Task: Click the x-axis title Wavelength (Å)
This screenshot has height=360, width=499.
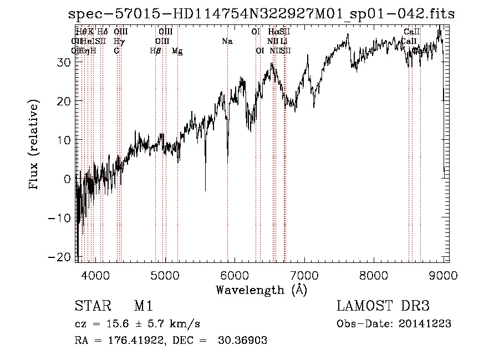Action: (x=261, y=290)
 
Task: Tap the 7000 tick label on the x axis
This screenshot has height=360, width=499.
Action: (x=305, y=276)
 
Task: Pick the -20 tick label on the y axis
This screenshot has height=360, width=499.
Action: (x=62, y=257)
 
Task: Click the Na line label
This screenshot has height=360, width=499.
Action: (x=227, y=42)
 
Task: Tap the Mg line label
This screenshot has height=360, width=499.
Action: (x=177, y=51)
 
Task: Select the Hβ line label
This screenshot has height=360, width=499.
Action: (x=155, y=51)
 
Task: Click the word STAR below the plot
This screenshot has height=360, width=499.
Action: (x=92, y=307)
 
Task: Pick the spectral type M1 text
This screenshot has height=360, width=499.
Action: (x=143, y=307)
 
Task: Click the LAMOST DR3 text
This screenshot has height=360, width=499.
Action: (x=383, y=307)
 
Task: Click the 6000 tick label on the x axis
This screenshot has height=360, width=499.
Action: (x=235, y=276)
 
